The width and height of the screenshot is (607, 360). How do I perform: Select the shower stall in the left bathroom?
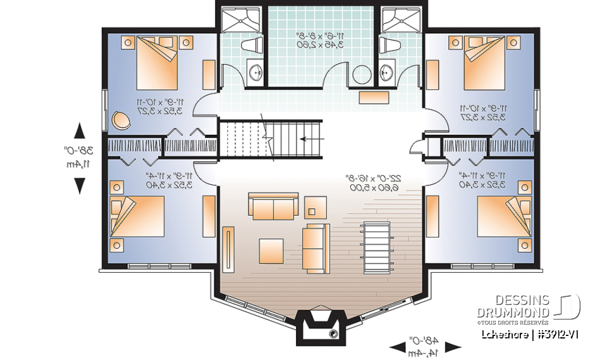click(x=241, y=20)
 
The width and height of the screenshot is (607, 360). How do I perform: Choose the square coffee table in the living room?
click(x=272, y=249)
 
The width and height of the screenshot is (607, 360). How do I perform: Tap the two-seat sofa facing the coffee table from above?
click(x=273, y=208)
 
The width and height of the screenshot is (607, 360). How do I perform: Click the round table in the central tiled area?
click(x=362, y=75)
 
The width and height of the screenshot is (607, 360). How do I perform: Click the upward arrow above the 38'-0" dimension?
click(x=80, y=132)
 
